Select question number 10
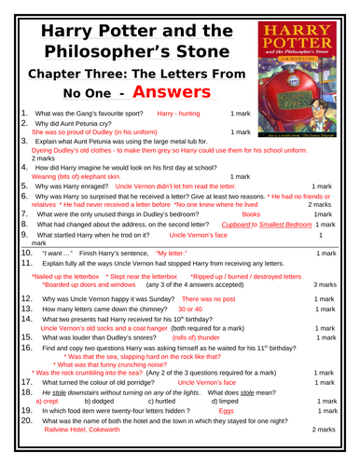click(27, 253)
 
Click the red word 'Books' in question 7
click(251, 213)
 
